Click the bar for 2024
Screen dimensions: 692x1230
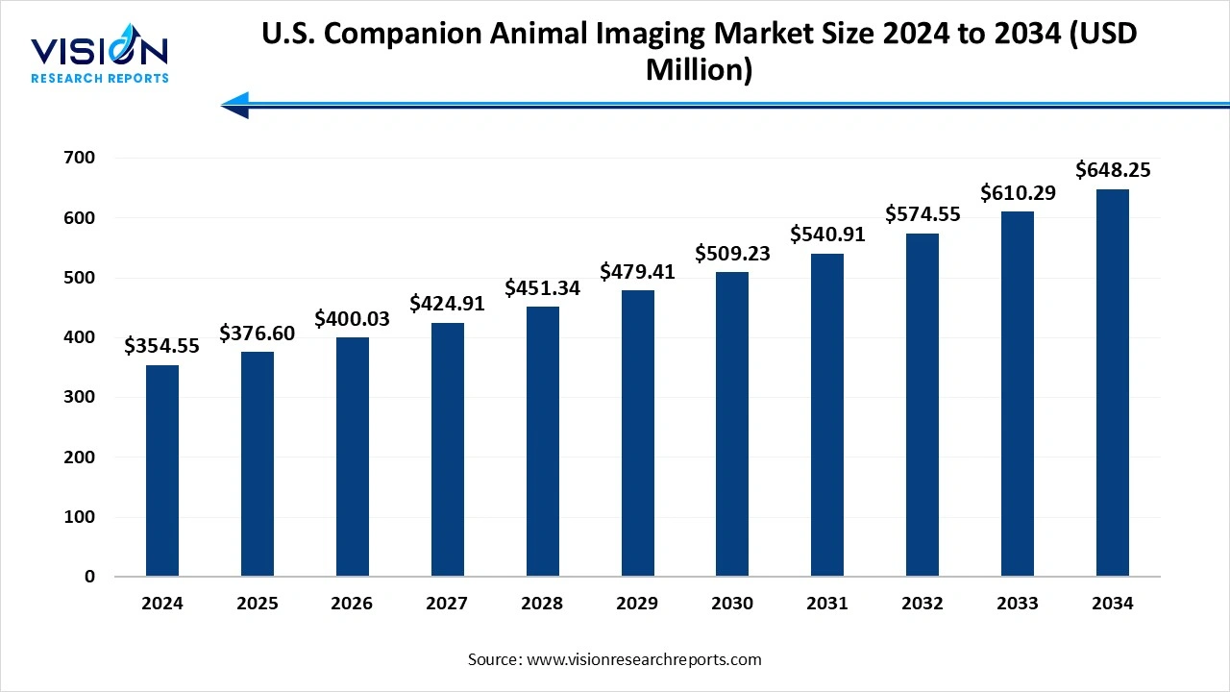(161, 471)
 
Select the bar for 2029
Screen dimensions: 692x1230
(637, 432)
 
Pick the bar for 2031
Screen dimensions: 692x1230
(827, 414)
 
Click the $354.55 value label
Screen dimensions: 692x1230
(161, 346)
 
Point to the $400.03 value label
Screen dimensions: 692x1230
(352, 319)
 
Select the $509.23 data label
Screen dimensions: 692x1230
(732, 255)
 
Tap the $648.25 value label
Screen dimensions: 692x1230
(1113, 170)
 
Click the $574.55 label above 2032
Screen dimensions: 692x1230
(922, 214)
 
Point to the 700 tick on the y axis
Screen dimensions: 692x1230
(81, 158)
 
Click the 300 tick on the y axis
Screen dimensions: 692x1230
(81, 397)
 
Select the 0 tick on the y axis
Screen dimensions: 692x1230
(89, 577)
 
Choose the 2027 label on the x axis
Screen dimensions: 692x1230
(447, 604)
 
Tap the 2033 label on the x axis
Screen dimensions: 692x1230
(1018, 604)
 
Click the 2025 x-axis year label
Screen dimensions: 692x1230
(257, 604)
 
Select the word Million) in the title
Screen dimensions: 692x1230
(699, 70)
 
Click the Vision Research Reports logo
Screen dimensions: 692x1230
(100, 58)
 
